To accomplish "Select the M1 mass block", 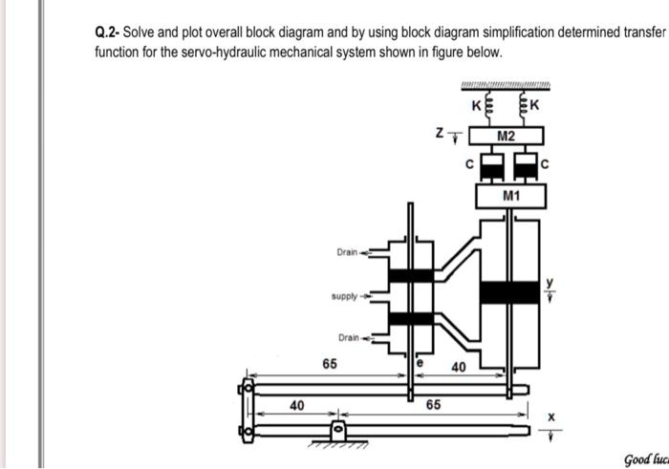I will (510, 197).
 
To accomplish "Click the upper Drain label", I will (347, 252).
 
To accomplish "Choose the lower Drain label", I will (348, 337).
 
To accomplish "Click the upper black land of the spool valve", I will (411, 275).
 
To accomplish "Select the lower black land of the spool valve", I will (411, 317).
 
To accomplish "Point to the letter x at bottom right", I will (550, 416).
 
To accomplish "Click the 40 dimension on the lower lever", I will (296, 405).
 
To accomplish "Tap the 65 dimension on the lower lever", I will (433, 405).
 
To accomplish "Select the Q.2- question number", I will (106, 32).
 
